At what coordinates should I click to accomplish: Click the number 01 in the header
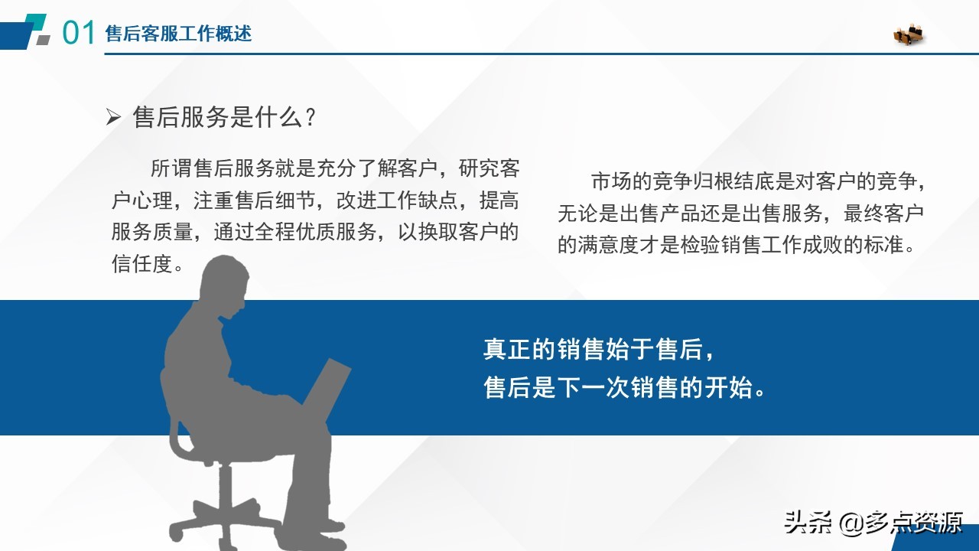(78, 34)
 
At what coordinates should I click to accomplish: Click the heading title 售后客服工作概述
(178, 34)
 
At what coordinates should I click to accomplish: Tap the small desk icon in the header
(909, 35)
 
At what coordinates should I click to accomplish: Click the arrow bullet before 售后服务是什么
(113, 118)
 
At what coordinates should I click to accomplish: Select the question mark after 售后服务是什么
(310, 118)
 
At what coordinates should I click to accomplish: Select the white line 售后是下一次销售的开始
(625, 387)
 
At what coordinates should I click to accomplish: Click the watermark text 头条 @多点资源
(872, 523)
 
